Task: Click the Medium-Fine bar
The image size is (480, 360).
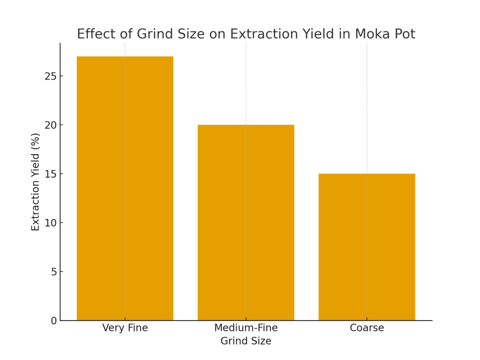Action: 246,223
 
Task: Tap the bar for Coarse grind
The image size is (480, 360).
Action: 367,247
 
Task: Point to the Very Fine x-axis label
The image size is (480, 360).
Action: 125,328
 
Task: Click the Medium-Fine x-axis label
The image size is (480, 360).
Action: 246,328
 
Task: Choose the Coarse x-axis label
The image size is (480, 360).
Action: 367,328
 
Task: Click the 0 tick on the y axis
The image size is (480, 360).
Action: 53,321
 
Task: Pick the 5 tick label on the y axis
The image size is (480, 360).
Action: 53,272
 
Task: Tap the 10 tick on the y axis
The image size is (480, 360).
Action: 51,223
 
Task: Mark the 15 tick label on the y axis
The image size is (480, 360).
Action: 51,174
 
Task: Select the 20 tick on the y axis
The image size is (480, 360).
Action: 51,125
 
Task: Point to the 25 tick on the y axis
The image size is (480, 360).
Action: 51,76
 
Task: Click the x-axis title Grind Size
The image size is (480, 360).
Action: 246,341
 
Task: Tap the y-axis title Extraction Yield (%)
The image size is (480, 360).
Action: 36,182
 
